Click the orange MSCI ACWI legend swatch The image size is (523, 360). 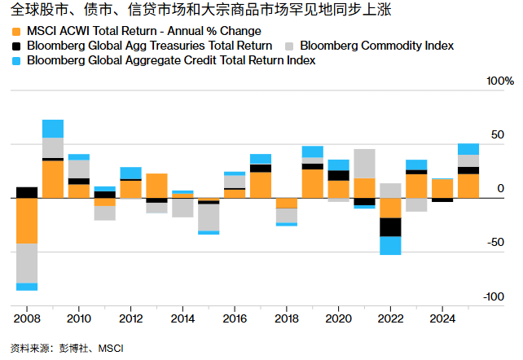[x=16, y=31]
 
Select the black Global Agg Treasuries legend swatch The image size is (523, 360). [x=16, y=46]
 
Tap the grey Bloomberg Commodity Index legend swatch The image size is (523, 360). [x=290, y=46]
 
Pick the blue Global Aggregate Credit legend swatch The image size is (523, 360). [x=16, y=60]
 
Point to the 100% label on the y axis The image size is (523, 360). [x=499, y=81]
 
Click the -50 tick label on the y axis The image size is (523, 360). [x=495, y=243]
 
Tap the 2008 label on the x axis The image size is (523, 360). [x=26, y=318]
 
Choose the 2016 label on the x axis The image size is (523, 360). [x=235, y=318]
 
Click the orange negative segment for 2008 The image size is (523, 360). [x=27, y=220]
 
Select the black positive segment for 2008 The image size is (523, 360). [x=27, y=192]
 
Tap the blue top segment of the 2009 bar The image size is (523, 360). [x=53, y=129]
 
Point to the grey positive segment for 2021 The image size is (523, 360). [x=364, y=163]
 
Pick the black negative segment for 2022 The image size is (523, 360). [x=390, y=226]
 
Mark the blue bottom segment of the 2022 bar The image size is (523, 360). [x=390, y=245]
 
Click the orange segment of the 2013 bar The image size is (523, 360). [x=157, y=185]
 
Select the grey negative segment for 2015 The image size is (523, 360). [x=209, y=217]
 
